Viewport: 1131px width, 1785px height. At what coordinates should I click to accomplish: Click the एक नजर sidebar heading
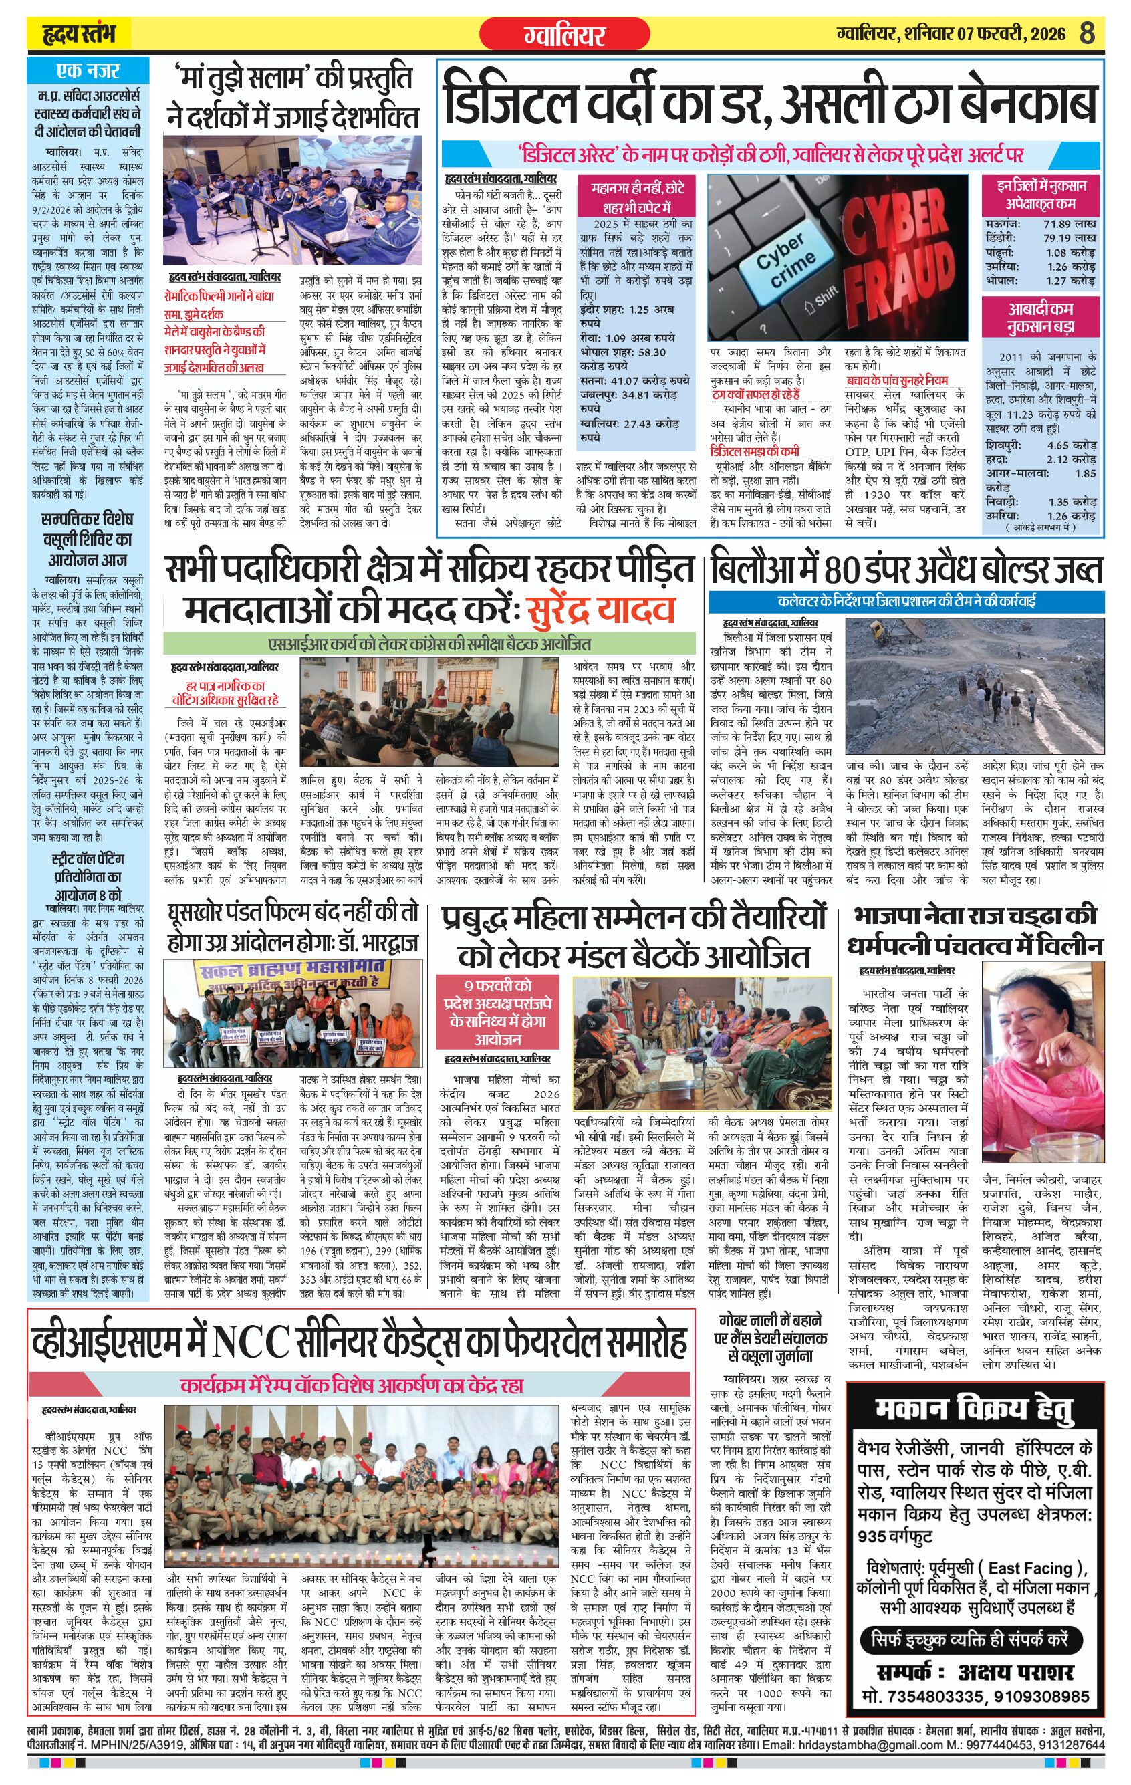(x=88, y=71)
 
